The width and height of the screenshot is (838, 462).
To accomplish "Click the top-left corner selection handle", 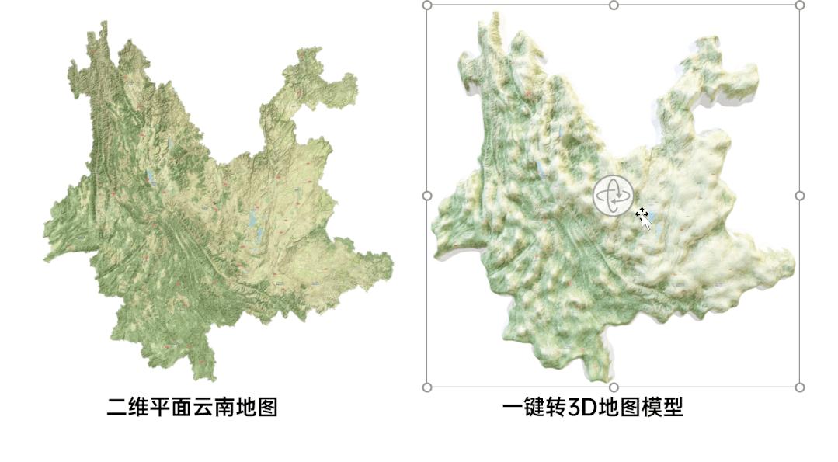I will click(427, 5).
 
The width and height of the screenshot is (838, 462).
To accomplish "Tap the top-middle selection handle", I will click(614, 5).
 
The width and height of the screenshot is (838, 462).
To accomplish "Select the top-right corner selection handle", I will click(800, 5).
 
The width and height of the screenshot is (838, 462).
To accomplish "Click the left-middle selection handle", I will click(427, 196).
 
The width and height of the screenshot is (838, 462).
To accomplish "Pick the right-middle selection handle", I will click(800, 196).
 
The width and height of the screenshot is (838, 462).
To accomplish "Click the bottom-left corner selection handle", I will click(427, 387).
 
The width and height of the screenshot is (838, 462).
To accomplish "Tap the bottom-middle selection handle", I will click(614, 387).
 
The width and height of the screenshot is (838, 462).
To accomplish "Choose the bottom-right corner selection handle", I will click(800, 387).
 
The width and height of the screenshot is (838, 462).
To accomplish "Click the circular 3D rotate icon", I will click(614, 196).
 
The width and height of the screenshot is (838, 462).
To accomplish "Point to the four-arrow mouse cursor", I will click(642, 215).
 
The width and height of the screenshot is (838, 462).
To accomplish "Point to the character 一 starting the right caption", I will click(511, 407).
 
